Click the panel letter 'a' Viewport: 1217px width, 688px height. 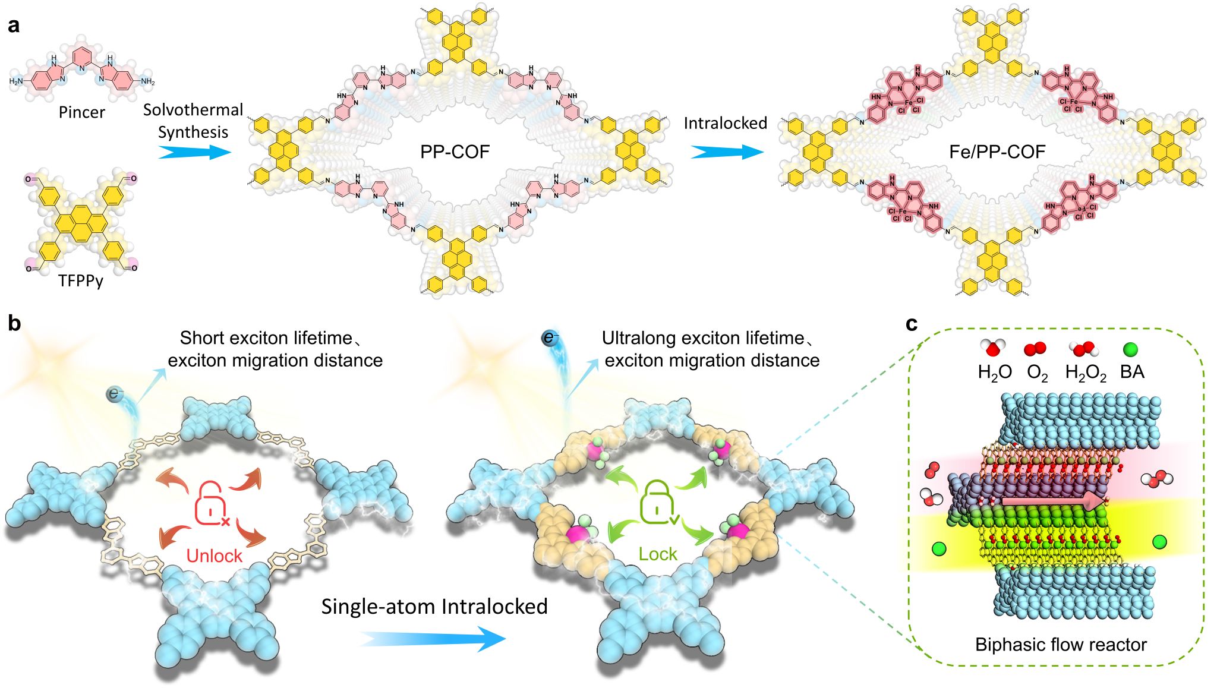tap(13, 26)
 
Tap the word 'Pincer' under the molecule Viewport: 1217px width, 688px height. tap(81, 112)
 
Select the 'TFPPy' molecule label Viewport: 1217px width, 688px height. tap(81, 280)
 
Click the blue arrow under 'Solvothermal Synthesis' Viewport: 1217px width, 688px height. tap(194, 153)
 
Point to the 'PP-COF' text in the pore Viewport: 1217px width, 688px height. tap(455, 152)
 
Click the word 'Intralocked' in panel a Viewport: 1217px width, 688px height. tap(725, 123)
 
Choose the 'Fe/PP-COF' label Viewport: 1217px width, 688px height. tap(997, 152)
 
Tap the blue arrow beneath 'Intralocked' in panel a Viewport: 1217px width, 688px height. tap(726, 153)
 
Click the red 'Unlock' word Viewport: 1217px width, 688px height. tap(214, 556)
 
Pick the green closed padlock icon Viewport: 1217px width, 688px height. tap(658, 503)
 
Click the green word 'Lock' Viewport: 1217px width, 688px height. tap(657, 554)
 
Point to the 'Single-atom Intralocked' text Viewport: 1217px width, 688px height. tap(434, 607)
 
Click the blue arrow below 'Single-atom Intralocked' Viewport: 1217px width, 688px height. tap(433, 639)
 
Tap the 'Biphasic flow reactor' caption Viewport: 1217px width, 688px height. tap(1061, 645)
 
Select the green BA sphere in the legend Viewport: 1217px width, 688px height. tap(1130, 349)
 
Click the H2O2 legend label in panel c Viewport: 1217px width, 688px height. tap(1085, 373)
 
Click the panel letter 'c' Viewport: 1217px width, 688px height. tap(911, 324)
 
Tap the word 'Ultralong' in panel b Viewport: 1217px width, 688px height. tap(640, 338)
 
